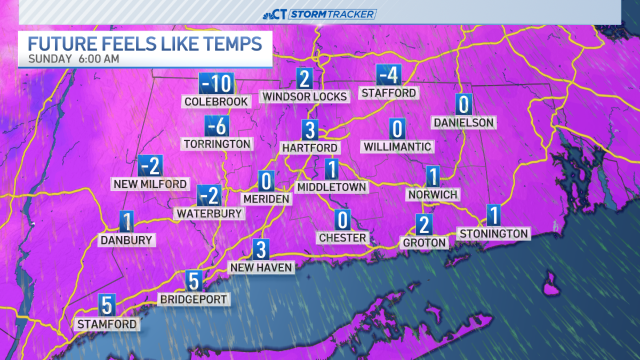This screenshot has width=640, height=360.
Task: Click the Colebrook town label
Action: [x=216, y=101]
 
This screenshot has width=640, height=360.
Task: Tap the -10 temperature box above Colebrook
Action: [x=216, y=83]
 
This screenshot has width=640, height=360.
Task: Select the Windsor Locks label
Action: [x=305, y=96]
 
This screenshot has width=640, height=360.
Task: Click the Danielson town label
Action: [x=463, y=123]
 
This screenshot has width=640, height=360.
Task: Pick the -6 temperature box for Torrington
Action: [x=217, y=127]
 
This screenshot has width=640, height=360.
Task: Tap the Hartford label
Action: [x=310, y=147]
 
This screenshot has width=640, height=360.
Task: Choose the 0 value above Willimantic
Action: [x=397, y=129]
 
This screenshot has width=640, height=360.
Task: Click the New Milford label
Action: [x=150, y=184]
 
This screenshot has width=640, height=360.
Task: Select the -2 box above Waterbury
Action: [x=209, y=196]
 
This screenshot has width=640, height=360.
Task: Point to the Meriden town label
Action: [x=266, y=199]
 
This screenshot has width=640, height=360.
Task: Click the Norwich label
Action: [x=433, y=194]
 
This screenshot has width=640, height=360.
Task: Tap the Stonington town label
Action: [x=494, y=233]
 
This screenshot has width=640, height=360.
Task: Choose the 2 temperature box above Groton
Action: [x=424, y=225]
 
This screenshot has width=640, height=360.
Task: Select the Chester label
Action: [x=342, y=237]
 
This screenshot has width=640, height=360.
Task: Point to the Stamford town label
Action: [x=107, y=324]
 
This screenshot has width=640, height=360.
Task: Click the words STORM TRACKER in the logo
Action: [x=332, y=14]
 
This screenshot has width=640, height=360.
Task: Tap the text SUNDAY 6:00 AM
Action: [x=73, y=59]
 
